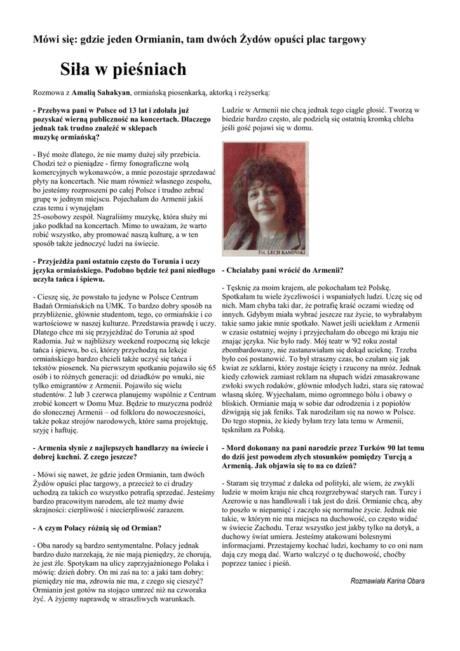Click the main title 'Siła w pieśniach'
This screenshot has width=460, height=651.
coord(123,69)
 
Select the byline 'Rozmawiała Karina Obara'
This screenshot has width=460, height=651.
coord(388,580)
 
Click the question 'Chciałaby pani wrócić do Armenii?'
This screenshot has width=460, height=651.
coord(283,270)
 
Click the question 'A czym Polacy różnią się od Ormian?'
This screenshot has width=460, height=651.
coord(97,528)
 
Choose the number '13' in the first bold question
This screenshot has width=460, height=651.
coord(135,111)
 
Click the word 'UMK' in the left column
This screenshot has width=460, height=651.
coord(125,305)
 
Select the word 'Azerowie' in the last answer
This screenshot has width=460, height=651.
coord(240,500)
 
